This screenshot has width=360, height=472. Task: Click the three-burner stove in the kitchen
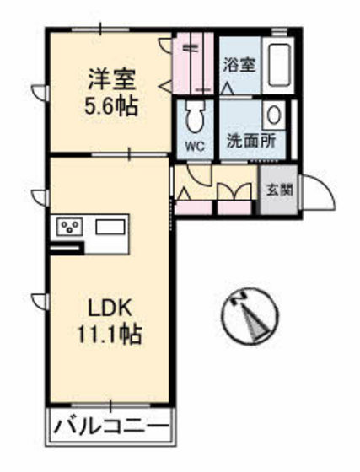coord(69,227)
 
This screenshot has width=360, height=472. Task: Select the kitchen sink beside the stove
coord(110,227)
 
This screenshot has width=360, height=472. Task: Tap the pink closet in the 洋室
coord(193,63)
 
